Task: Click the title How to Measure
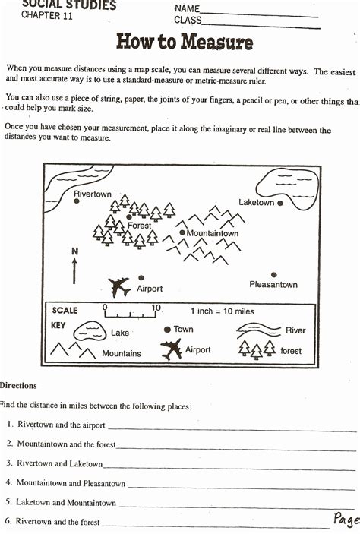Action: [x=184, y=41]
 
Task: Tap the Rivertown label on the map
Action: [x=93, y=194]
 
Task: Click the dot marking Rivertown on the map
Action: [x=76, y=203]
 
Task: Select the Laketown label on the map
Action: [x=256, y=203]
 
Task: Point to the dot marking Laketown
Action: [x=280, y=203]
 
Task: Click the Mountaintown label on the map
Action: [x=213, y=233]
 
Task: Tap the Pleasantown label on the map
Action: [x=273, y=285]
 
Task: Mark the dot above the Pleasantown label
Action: [x=274, y=275]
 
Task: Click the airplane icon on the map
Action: [x=119, y=286]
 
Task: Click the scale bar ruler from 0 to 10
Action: [x=131, y=311]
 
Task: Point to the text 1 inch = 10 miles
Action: [x=223, y=311]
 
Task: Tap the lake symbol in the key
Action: [x=89, y=330]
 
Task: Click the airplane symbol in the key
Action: [x=172, y=350]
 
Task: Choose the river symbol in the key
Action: [x=258, y=330]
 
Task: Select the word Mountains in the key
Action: [x=122, y=353]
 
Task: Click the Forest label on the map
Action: [x=139, y=226]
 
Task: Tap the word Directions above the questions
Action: [x=18, y=386]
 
